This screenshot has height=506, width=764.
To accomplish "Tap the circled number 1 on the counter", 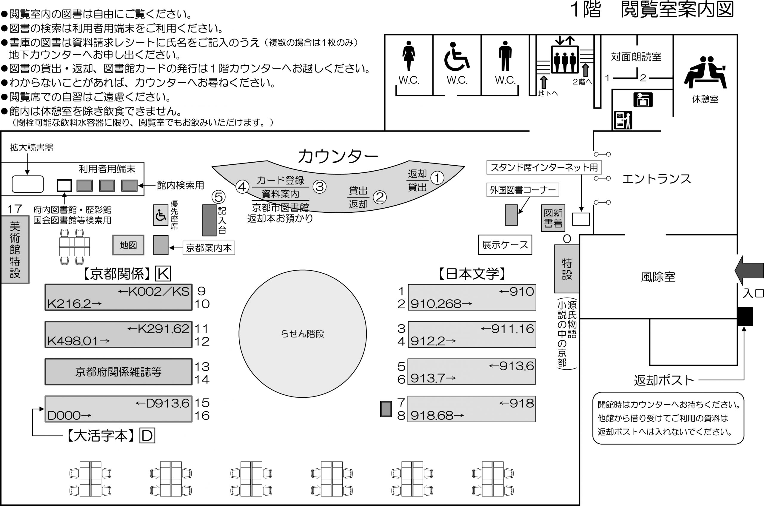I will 437,178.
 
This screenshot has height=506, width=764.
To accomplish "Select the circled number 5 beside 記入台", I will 218,197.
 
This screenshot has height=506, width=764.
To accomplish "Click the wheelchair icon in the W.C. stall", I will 456,57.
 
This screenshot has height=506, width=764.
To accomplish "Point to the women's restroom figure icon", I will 409,55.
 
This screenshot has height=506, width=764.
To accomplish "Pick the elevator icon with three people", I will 564,60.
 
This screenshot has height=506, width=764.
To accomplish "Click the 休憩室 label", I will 705,99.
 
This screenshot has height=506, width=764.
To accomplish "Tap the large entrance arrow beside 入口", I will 748,270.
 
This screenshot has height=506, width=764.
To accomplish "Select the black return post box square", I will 745,317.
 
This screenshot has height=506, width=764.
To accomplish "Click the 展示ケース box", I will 505,245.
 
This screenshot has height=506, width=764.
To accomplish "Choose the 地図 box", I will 128,245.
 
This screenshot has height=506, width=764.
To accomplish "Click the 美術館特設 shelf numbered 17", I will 15,249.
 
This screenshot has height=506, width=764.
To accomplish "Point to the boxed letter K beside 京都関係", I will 163,274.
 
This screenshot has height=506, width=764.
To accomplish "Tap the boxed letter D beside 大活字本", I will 147,436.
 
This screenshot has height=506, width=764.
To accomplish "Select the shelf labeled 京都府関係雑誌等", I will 118,372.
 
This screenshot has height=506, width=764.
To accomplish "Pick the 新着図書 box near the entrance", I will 553,218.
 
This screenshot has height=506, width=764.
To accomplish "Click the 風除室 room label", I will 658,277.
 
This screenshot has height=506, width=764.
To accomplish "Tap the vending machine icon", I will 623,120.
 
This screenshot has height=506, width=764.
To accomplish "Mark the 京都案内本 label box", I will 209,248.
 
